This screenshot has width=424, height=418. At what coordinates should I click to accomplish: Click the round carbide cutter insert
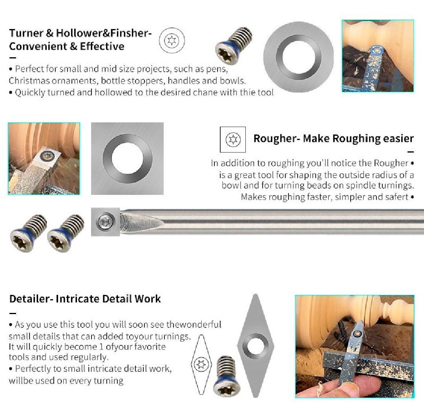(298, 56)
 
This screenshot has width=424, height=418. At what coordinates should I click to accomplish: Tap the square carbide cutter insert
(127, 158)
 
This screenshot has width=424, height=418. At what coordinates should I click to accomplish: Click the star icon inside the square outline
(232, 139)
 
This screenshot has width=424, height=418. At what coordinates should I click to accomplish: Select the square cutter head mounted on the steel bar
(106, 222)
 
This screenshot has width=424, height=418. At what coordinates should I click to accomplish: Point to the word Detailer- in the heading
(31, 299)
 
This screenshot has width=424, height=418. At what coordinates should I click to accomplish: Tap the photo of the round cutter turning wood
(377, 56)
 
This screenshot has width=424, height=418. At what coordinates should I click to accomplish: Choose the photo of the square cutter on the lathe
(44, 158)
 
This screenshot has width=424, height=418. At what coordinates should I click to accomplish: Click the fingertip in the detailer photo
(334, 386)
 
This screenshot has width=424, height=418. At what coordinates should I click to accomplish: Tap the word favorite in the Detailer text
(148, 347)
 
